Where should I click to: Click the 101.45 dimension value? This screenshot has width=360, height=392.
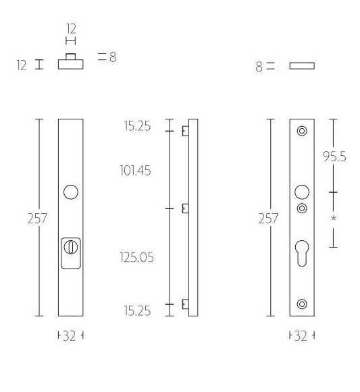[136, 170]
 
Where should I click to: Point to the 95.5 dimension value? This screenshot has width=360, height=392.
[334, 157]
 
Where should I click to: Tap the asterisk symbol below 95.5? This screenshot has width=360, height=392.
[334, 219]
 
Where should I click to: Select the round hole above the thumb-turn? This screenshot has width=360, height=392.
[70, 193]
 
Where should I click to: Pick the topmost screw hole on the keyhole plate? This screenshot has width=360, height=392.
[302, 131]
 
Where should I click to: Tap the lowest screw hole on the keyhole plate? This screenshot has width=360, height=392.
[302, 303]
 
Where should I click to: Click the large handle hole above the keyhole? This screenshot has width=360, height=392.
[302, 191]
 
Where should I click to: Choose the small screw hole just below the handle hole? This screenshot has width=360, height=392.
[302, 206]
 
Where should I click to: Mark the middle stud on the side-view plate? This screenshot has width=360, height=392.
[184, 209]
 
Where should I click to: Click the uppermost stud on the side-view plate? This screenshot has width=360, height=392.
[184, 131]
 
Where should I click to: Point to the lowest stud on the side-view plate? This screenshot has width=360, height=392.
[184, 305]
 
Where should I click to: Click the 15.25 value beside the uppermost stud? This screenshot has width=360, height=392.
[137, 126]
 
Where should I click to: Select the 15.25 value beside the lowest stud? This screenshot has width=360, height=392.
[137, 310]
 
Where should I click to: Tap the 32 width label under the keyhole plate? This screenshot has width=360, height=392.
[302, 336]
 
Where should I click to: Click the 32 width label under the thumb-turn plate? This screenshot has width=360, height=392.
[70, 336]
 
